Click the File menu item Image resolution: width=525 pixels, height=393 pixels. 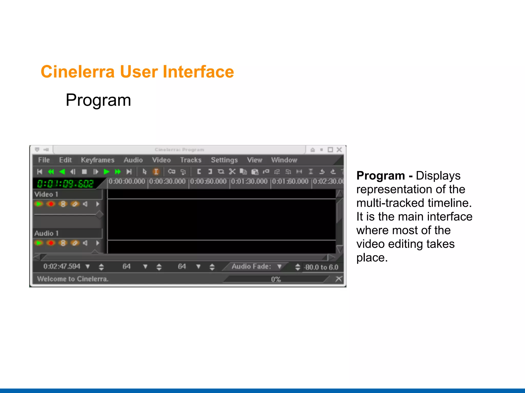44,160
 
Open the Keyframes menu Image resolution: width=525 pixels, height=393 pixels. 97,160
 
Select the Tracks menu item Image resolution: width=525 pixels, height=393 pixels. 190,160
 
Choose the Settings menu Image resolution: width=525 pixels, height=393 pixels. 224,160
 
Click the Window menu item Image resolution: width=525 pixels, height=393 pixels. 284,160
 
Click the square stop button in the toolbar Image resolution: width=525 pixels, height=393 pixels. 84,172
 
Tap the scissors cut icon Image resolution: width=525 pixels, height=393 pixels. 232,171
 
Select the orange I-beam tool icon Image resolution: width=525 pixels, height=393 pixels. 156,171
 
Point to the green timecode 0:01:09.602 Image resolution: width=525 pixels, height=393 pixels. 65,183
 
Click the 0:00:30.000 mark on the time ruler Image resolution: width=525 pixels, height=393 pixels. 167,181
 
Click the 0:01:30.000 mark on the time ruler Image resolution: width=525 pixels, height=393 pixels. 249,181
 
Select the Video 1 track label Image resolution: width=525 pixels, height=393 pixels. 46,194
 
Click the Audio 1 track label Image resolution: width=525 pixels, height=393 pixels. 46,233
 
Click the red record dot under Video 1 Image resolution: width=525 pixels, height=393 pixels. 51,204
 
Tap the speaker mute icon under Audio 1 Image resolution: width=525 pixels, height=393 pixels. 85,243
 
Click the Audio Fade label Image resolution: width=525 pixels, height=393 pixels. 251,266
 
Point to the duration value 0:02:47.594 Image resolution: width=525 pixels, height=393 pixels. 62,266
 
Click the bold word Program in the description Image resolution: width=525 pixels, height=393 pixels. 380,176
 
